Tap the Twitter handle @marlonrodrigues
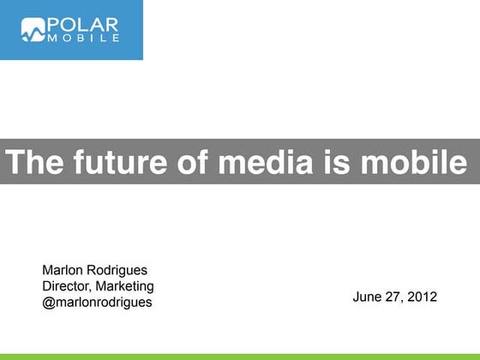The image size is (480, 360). (97, 303)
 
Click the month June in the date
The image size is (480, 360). (367, 297)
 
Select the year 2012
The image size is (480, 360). (423, 297)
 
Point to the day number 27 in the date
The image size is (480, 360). (394, 297)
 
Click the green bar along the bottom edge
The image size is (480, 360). (240, 356)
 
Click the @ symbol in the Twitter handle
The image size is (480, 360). (48, 303)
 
